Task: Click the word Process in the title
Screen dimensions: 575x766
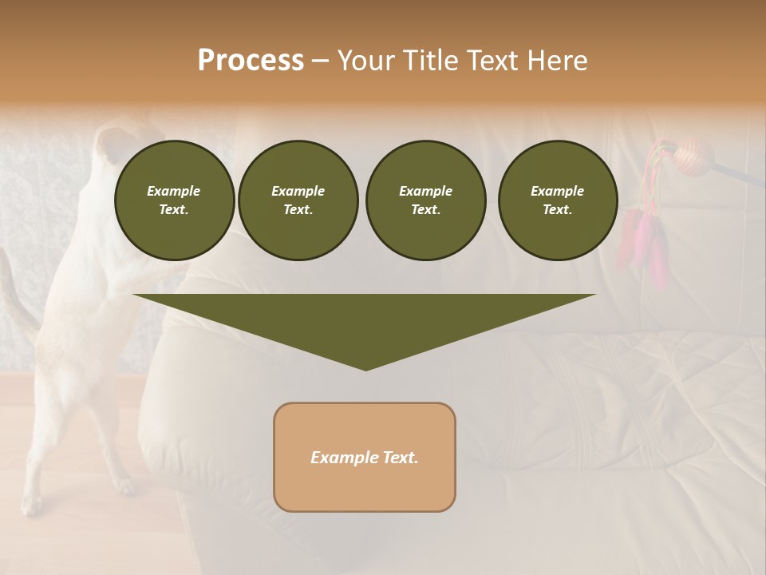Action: [x=251, y=61]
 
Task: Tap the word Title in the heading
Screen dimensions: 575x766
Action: [x=430, y=61]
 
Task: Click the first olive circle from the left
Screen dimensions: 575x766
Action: [x=174, y=200]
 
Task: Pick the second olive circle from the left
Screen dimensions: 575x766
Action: [x=298, y=200]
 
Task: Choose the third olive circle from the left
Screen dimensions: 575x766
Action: [x=425, y=200]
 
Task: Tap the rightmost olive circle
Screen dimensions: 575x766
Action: [x=557, y=200]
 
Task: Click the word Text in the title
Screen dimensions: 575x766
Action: [x=490, y=61]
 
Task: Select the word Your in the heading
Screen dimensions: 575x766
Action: [x=365, y=61]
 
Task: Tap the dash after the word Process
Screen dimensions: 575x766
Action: [x=320, y=61]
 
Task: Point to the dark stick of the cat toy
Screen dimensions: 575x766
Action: [x=738, y=173]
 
